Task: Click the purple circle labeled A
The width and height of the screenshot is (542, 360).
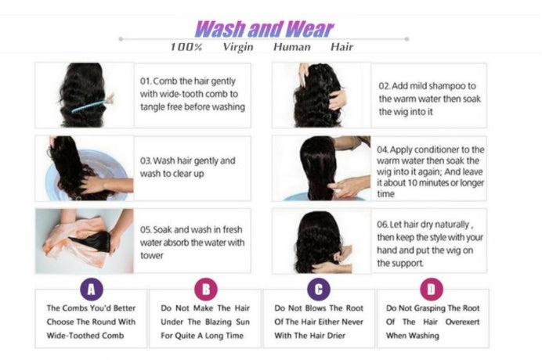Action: point(92,290)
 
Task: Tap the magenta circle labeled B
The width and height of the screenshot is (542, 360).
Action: point(206,290)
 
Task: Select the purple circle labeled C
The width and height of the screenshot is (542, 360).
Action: point(317,290)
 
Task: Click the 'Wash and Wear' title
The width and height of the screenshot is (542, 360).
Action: point(263,30)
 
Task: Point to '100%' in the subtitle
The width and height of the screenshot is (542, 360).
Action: point(186,47)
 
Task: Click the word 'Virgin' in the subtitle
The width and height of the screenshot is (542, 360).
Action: point(238,47)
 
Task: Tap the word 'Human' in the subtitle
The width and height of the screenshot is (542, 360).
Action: point(291,47)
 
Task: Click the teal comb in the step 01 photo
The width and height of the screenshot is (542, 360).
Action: point(92,103)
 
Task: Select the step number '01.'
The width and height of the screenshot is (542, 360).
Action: point(146,81)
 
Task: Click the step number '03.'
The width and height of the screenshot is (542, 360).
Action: point(146,160)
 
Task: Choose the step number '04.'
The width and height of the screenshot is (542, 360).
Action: point(383,149)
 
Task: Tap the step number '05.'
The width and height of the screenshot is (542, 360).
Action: point(146,230)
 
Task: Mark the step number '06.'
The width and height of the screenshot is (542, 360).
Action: point(384,225)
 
